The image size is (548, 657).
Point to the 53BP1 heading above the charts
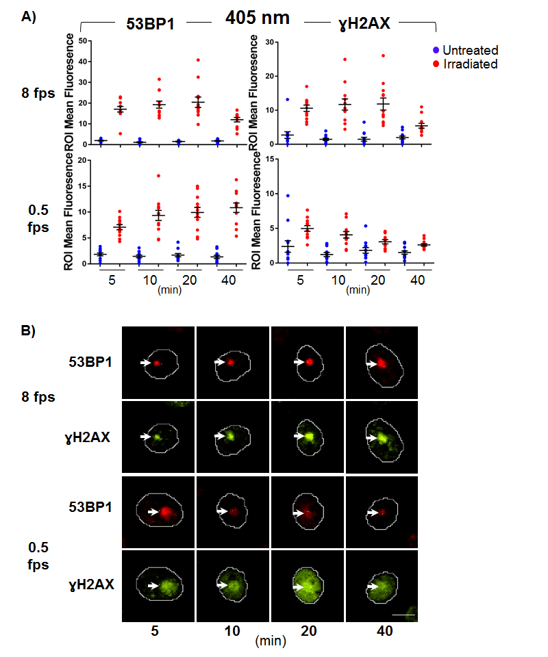click(149, 22)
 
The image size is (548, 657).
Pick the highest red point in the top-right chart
click(383, 55)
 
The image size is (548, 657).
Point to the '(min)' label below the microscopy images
click(271, 642)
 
